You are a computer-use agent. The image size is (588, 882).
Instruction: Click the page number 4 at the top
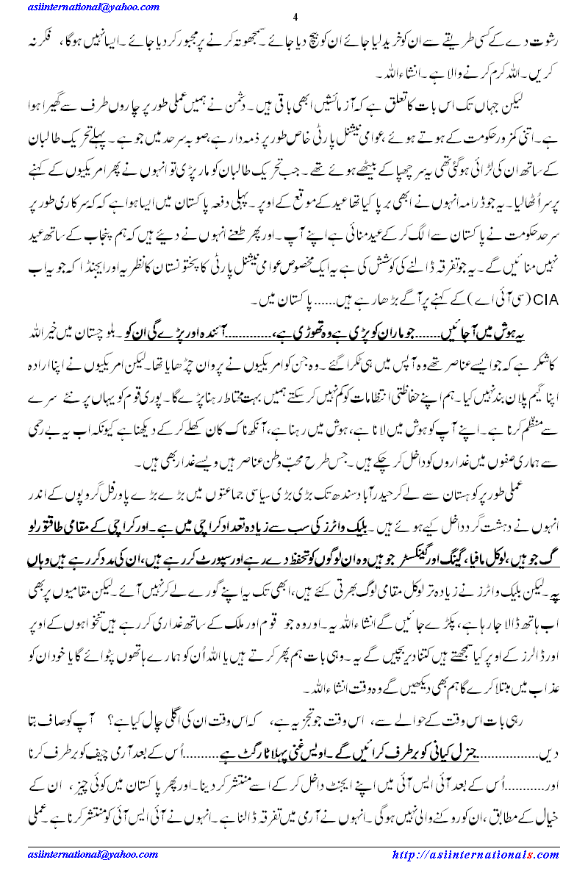point(294,18)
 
